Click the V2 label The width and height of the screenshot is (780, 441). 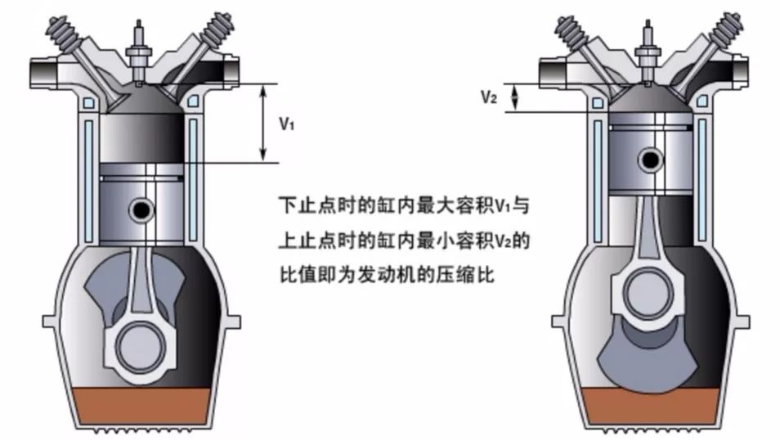(x=489, y=97)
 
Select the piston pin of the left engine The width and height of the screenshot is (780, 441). (x=141, y=210)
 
